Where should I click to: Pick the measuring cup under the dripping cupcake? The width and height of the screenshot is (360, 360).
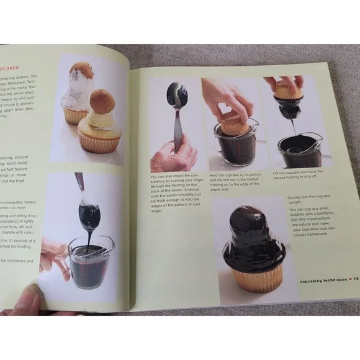coord(300,150)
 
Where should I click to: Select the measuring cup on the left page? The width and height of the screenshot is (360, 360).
coord(90,261)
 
